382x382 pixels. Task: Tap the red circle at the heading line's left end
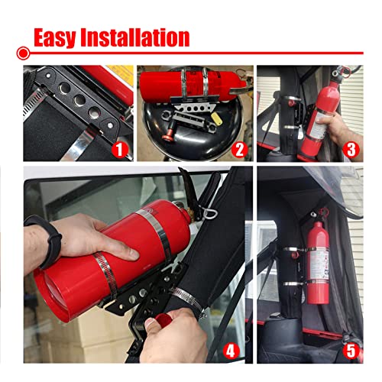click(24, 53)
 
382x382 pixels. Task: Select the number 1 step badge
click(119, 150)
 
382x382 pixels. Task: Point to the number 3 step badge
click(351, 150)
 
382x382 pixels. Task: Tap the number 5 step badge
click(351, 352)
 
